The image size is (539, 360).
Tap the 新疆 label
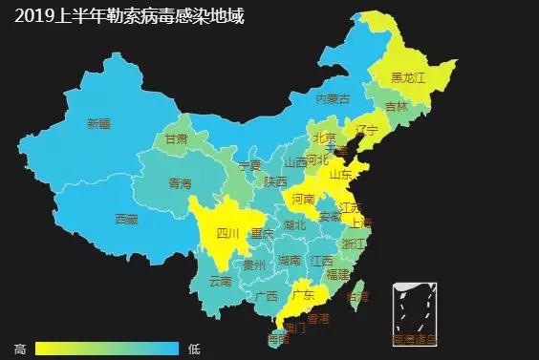(98, 123)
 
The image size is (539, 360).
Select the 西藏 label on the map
(126, 219)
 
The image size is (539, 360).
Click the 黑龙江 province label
(410, 76)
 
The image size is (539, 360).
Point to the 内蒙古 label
(333, 99)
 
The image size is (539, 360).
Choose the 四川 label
(227, 233)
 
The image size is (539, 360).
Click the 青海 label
(180, 182)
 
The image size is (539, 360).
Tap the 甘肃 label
(176, 138)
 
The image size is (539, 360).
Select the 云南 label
(220, 282)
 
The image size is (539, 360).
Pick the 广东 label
(304, 294)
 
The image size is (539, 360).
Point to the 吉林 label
(397, 106)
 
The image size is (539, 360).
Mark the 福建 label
(337, 273)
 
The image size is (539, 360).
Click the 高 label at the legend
(20, 349)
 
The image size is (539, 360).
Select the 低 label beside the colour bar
(194, 349)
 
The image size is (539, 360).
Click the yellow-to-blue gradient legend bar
(106, 349)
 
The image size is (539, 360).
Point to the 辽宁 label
(367, 130)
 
